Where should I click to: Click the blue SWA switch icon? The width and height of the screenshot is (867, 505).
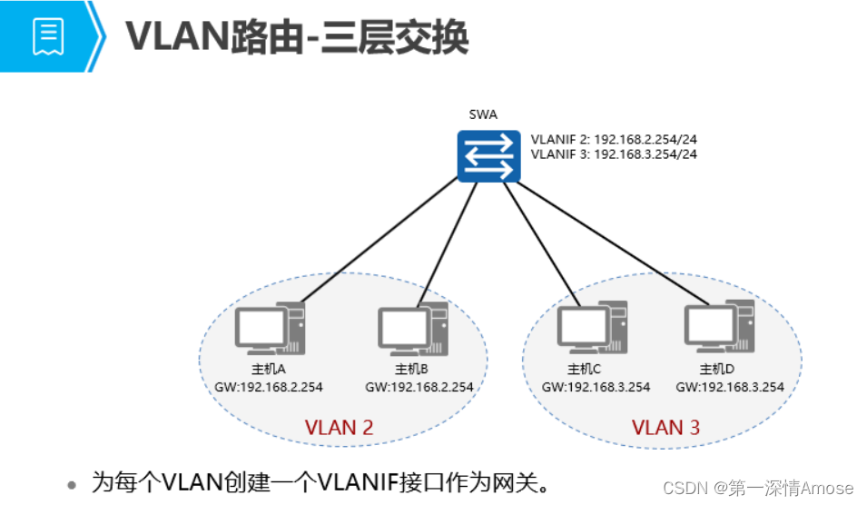488,154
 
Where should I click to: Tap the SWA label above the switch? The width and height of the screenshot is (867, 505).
483,114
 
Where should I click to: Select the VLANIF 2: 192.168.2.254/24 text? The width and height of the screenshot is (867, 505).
614,140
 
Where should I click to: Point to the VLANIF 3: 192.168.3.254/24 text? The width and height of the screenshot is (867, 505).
614,154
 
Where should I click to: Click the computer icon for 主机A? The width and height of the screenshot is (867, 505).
270,330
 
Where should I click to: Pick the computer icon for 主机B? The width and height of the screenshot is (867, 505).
413,330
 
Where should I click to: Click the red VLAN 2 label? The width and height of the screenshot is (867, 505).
339,427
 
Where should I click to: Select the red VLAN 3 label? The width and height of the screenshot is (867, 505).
665,427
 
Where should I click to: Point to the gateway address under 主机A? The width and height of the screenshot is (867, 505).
269,386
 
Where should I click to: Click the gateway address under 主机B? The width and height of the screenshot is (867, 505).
419,386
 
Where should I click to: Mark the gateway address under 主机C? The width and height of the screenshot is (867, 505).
596,386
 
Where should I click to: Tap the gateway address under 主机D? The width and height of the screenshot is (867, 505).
730,386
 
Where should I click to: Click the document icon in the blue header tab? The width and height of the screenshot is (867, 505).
48,35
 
